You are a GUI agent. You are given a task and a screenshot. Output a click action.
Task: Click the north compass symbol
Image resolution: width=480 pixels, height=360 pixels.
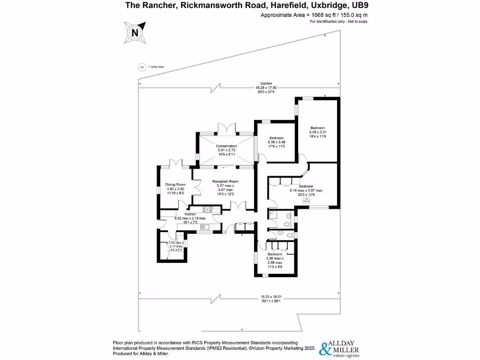(x=135, y=33)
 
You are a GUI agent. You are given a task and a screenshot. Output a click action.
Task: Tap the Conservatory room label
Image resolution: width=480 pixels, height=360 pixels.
(x=226, y=146)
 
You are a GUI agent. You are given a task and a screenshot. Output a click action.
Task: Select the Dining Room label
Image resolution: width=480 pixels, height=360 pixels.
(x=176, y=185)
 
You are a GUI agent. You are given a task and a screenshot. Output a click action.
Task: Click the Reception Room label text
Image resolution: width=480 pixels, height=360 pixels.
(x=225, y=181)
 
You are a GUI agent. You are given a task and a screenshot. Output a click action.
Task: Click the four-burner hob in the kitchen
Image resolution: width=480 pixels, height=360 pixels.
(x=208, y=210)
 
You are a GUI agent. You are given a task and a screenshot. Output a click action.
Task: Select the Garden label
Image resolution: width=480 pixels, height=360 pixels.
(x=266, y=83)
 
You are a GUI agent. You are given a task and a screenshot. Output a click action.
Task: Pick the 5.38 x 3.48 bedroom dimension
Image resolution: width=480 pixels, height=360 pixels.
(x=276, y=142)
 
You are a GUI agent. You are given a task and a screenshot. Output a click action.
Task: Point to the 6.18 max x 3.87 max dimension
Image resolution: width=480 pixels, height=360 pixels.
(x=306, y=190)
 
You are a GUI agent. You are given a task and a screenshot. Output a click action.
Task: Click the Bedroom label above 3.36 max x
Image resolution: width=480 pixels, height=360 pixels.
(x=276, y=254)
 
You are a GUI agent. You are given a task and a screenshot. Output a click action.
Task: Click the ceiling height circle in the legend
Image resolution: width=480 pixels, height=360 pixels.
(x=142, y=67)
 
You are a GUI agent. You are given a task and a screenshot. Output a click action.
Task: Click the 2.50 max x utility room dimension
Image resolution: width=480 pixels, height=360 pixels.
(x=177, y=243)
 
